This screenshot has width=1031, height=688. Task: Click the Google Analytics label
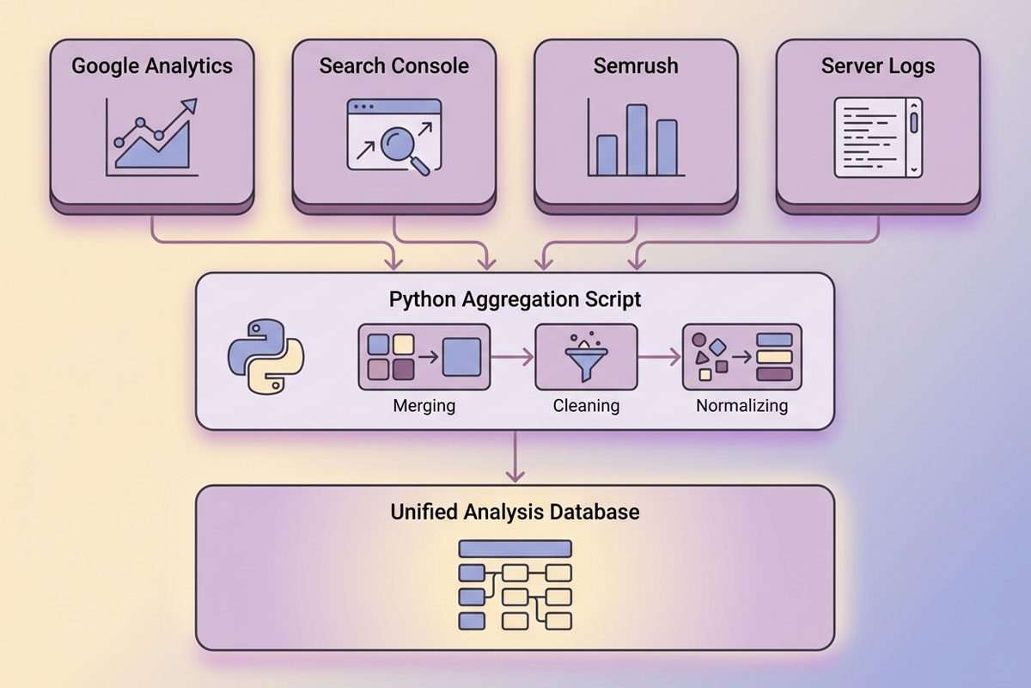tap(152, 66)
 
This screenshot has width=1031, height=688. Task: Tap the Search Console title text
tap(394, 66)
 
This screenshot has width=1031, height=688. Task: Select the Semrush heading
tap(636, 66)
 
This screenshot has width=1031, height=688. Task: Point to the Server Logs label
tap(878, 66)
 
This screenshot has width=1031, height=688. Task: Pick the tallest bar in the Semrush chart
tap(637, 140)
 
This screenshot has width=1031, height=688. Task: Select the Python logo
tap(266, 356)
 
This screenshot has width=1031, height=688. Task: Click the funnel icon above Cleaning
tap(586, 356)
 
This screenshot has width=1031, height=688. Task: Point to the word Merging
tap(424, 405)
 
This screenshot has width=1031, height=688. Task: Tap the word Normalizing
tap(741, 405)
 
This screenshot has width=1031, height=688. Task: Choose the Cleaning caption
tap(586, 405)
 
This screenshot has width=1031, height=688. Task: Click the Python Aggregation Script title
tap(515, 299)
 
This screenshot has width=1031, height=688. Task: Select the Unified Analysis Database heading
tap(515, 512)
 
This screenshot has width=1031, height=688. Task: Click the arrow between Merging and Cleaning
tap(513, 356)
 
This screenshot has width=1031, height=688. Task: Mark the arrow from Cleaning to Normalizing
tap(660, 356)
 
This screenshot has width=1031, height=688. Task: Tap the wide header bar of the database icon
tap(515, 549)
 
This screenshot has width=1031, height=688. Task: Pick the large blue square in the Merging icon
tap(461, 356)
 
